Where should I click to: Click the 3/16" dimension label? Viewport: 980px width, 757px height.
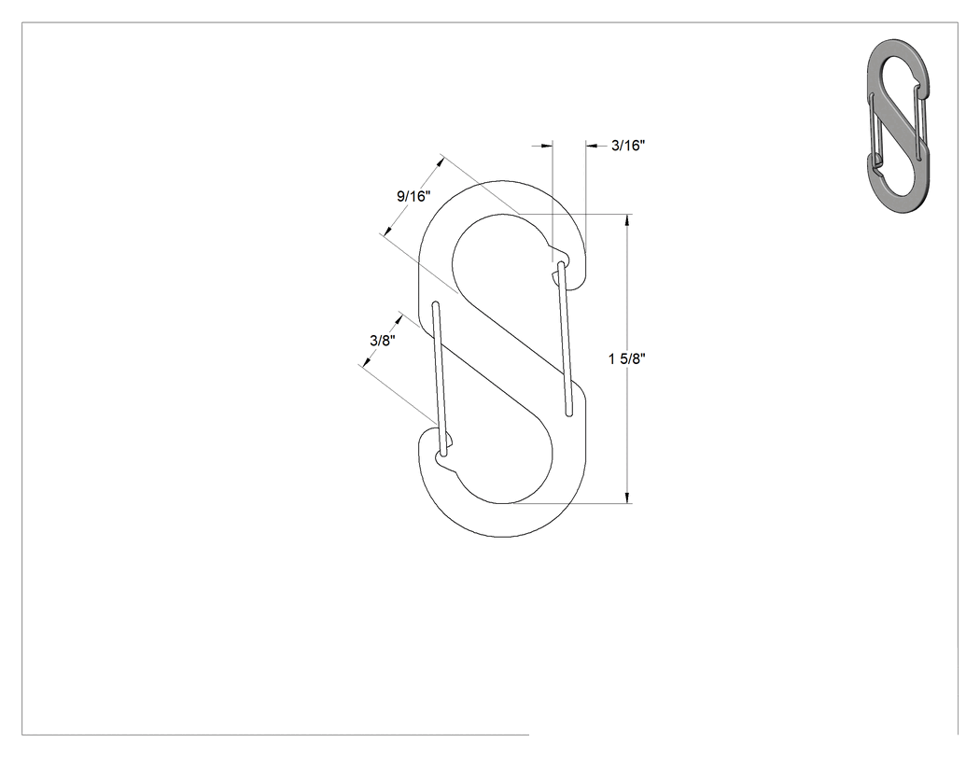pyautogui.click(x=628, y=146)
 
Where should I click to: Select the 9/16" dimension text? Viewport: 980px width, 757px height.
pyautogui.click(x=413, y=196)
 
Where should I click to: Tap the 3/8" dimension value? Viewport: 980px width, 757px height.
pyautogui.click(x=383, y=341)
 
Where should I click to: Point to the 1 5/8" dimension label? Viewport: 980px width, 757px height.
pyautogui.click(x=627, y=358)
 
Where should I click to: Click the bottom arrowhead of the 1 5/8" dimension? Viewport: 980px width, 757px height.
pyautogui.click(x=627, y=497)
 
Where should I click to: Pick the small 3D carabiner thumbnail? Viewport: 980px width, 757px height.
pyautogui.click(x=898, y=125)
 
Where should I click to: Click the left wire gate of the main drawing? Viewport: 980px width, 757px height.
pyautogui.click(x=440, y=380)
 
